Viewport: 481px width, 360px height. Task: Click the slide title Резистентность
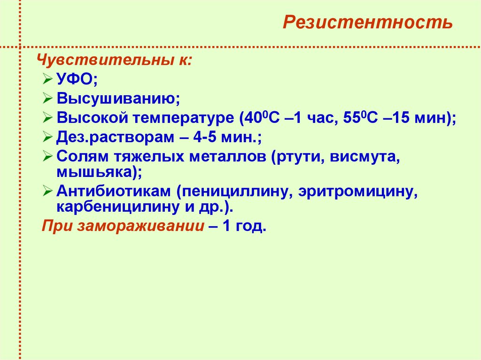367,23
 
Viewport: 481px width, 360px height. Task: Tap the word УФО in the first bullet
75,80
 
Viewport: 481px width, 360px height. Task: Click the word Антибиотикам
114,192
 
